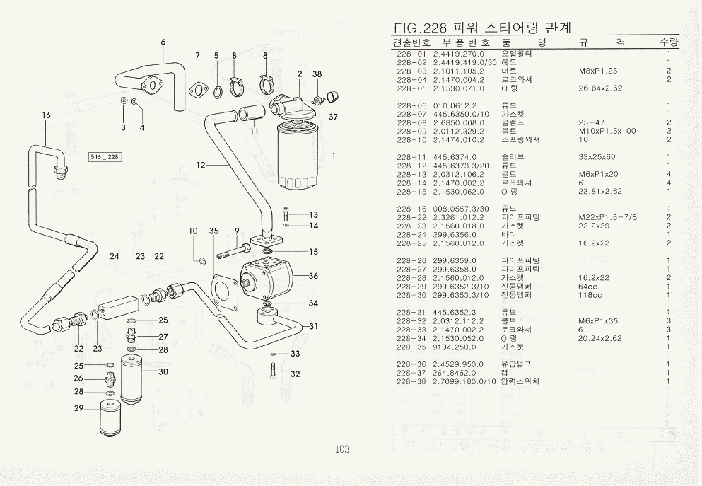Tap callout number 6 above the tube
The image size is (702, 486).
point(163,42)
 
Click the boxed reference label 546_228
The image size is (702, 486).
point(105,156)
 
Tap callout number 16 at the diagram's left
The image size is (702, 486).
point(47,115)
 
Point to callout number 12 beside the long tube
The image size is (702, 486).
point(201,165)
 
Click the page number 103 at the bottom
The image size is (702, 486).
point(341,450)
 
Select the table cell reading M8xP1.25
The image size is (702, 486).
point(597,71)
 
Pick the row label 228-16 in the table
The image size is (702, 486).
point(412,208)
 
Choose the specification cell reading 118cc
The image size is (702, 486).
point(590,295)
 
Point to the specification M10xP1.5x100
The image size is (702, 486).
point(607,131)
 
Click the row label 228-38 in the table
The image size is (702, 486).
point(412,381)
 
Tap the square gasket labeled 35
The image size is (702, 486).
point(225,291)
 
